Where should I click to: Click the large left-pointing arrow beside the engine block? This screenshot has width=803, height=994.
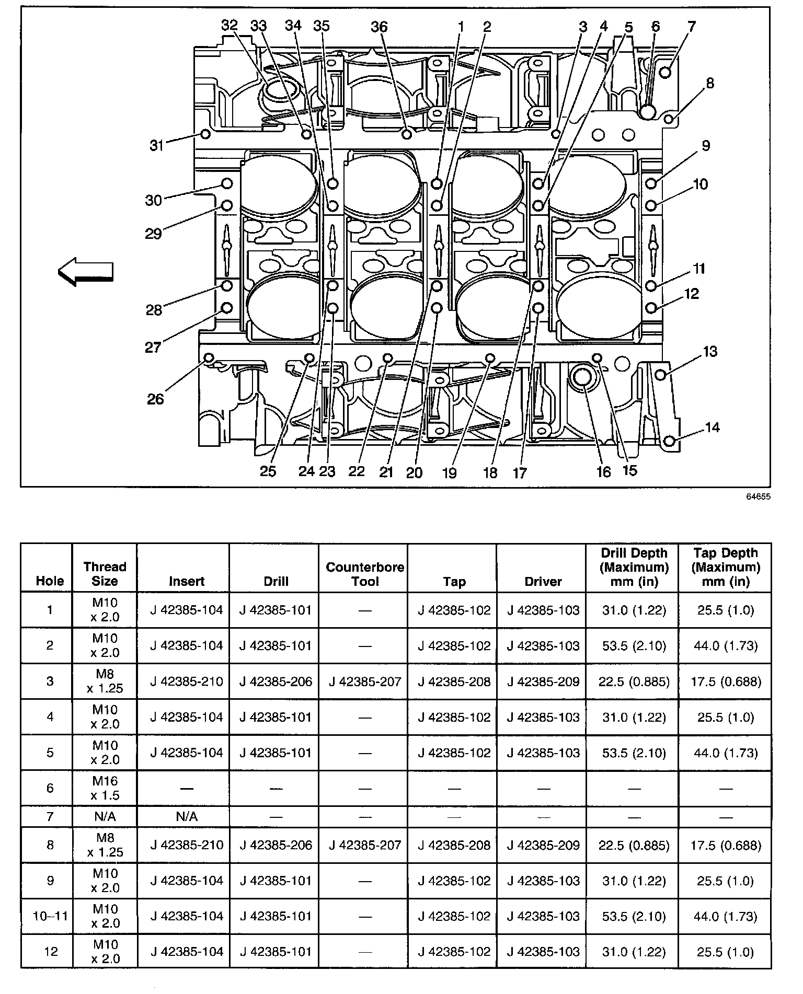(x=86, y=272)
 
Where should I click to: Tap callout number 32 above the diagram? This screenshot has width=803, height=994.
(x=230, y=26)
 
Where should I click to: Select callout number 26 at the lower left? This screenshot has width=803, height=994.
(x=155, y=399)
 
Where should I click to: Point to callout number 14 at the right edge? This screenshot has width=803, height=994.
(x=712, y=427)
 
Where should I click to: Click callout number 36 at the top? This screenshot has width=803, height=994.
(x=380, y=26)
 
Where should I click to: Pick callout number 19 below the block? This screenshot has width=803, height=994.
(x=450, y=472)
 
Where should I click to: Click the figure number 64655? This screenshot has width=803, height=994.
(x=759, y=497)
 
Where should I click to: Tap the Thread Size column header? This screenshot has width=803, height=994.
(x=105, y=574)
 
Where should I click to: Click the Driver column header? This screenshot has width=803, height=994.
(x=543, y=581)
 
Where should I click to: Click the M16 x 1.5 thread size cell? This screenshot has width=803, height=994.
(x=105, y=788)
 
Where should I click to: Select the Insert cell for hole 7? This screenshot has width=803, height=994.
(x=187, y=816)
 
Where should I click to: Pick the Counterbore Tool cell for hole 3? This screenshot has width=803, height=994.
(x=365, y=681)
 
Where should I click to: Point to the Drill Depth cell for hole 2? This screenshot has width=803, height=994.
(x=634, y=645)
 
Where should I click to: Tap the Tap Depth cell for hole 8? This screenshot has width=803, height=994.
(x=726, y=845)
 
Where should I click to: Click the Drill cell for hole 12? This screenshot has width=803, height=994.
(x=276, y=952)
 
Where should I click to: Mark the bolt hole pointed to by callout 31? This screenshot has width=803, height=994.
(x=206, y=134)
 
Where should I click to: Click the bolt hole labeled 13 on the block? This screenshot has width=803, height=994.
(x=660, y=374)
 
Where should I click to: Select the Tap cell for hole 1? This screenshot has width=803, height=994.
(x=454, y=610)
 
